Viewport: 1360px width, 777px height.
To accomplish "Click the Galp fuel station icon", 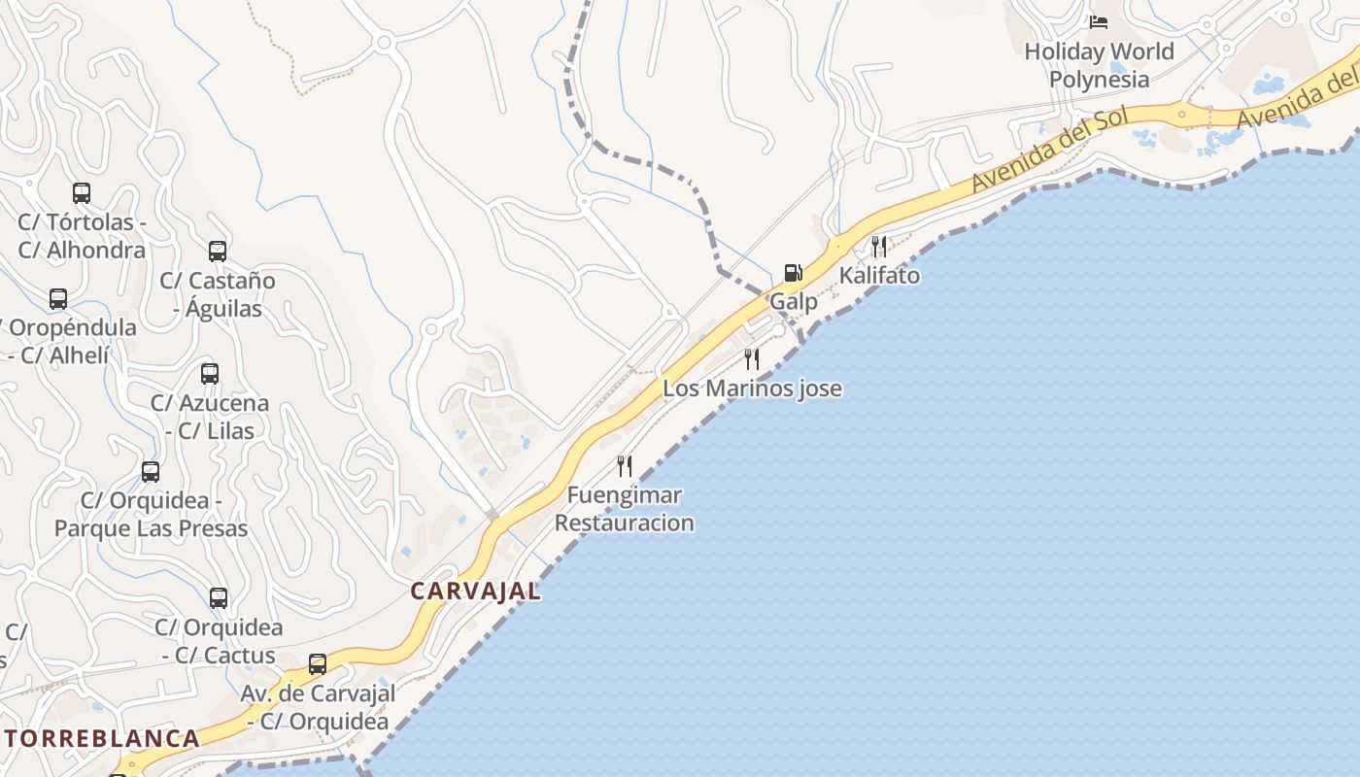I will pos(794,273).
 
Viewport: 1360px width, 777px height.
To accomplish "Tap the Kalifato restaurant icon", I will pos(879,246).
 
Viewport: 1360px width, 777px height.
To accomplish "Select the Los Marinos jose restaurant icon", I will pos(752,359).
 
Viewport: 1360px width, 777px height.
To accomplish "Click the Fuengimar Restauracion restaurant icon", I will pos(625,466).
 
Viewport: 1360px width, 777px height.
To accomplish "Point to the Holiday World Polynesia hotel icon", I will pos(1099,21).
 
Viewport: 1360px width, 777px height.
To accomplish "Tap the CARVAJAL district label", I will pos(475,591).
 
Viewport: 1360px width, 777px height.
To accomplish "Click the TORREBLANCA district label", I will pos(102,738).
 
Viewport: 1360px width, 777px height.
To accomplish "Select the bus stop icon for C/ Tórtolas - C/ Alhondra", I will pos(82,193).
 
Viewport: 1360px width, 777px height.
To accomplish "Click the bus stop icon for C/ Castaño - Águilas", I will pos(218,252).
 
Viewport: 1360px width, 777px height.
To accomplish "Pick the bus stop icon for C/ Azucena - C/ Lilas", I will pos(210,374).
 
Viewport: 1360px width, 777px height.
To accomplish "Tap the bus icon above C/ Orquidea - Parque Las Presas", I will pos(151,472).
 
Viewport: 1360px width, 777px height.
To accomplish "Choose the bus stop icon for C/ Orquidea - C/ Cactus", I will pos(219,598).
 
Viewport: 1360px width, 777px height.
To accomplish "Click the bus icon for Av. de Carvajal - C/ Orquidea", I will pos(318,665).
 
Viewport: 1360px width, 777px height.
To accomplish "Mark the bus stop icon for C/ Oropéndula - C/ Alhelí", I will pos(58,299).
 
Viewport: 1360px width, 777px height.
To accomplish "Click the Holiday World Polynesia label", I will pos(1100,65).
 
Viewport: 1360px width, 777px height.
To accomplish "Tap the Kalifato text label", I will pos(879,276).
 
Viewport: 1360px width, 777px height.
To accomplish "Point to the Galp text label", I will pos(794,302).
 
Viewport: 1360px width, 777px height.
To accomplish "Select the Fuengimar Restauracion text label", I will pos(625,509).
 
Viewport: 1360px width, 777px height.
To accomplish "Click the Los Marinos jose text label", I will pos(752,388).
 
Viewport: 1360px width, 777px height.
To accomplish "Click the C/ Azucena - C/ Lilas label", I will pos(210,417).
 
